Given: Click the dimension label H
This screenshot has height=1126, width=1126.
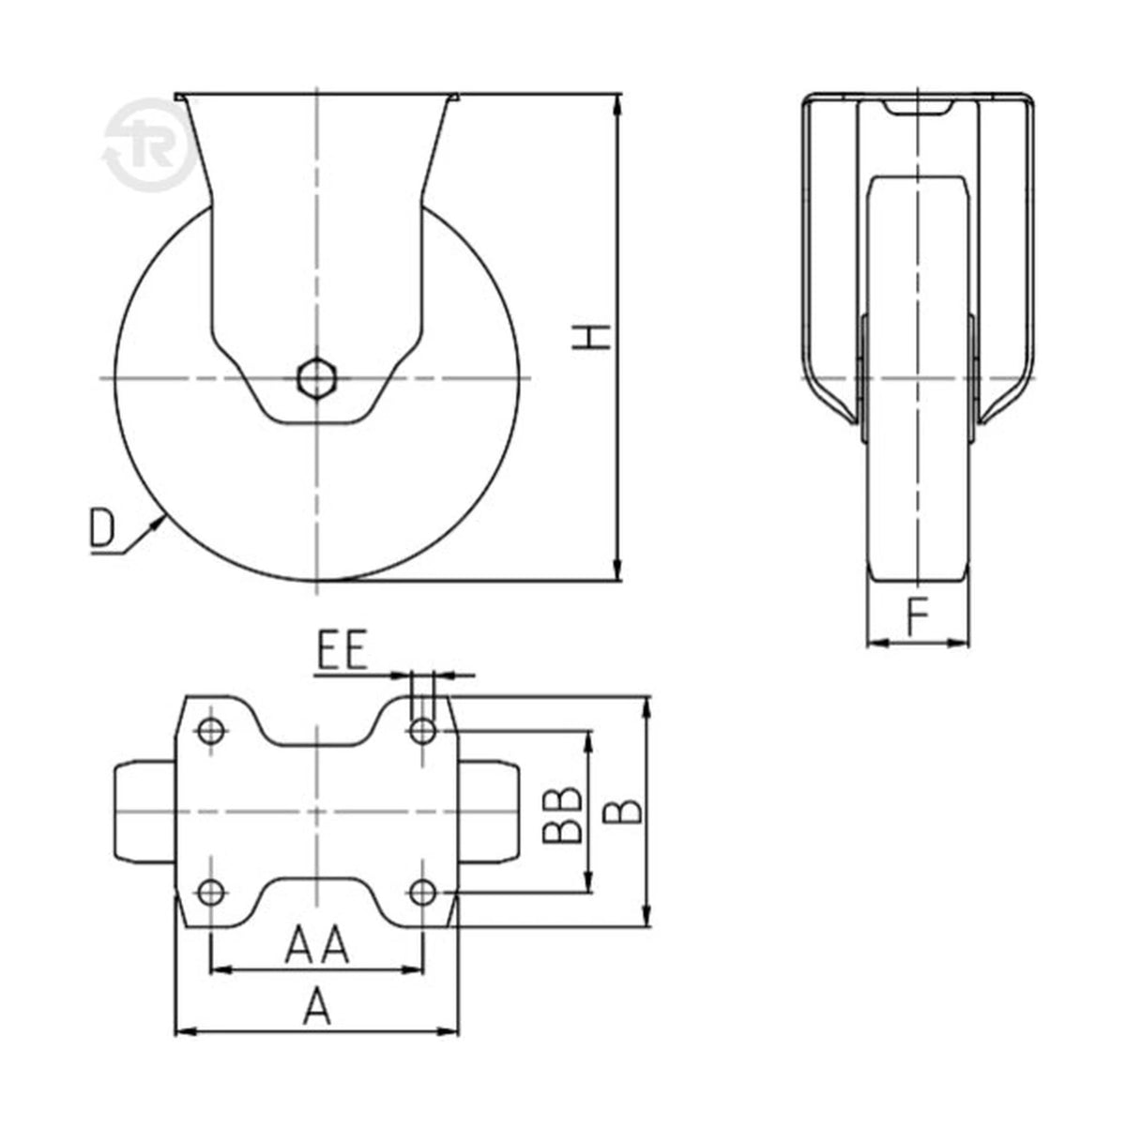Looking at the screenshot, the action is [591, 338].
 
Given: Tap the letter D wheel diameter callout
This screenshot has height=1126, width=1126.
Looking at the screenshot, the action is [101, 527].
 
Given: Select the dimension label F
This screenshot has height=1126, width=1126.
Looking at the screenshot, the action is [918, 617].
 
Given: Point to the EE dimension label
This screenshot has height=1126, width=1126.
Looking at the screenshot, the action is [342, 649].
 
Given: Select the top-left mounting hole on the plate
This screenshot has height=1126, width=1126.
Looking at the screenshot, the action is [211, 731].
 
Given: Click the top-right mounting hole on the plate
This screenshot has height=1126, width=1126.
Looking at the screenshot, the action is [422, 731].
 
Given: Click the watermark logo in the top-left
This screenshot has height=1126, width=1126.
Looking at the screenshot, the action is [149, 145].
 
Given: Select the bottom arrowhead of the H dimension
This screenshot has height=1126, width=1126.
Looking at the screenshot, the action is [618, 570].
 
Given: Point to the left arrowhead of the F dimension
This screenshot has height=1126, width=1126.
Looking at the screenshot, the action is [877, 644].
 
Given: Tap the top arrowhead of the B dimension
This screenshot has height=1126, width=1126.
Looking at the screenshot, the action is [647, 708].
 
